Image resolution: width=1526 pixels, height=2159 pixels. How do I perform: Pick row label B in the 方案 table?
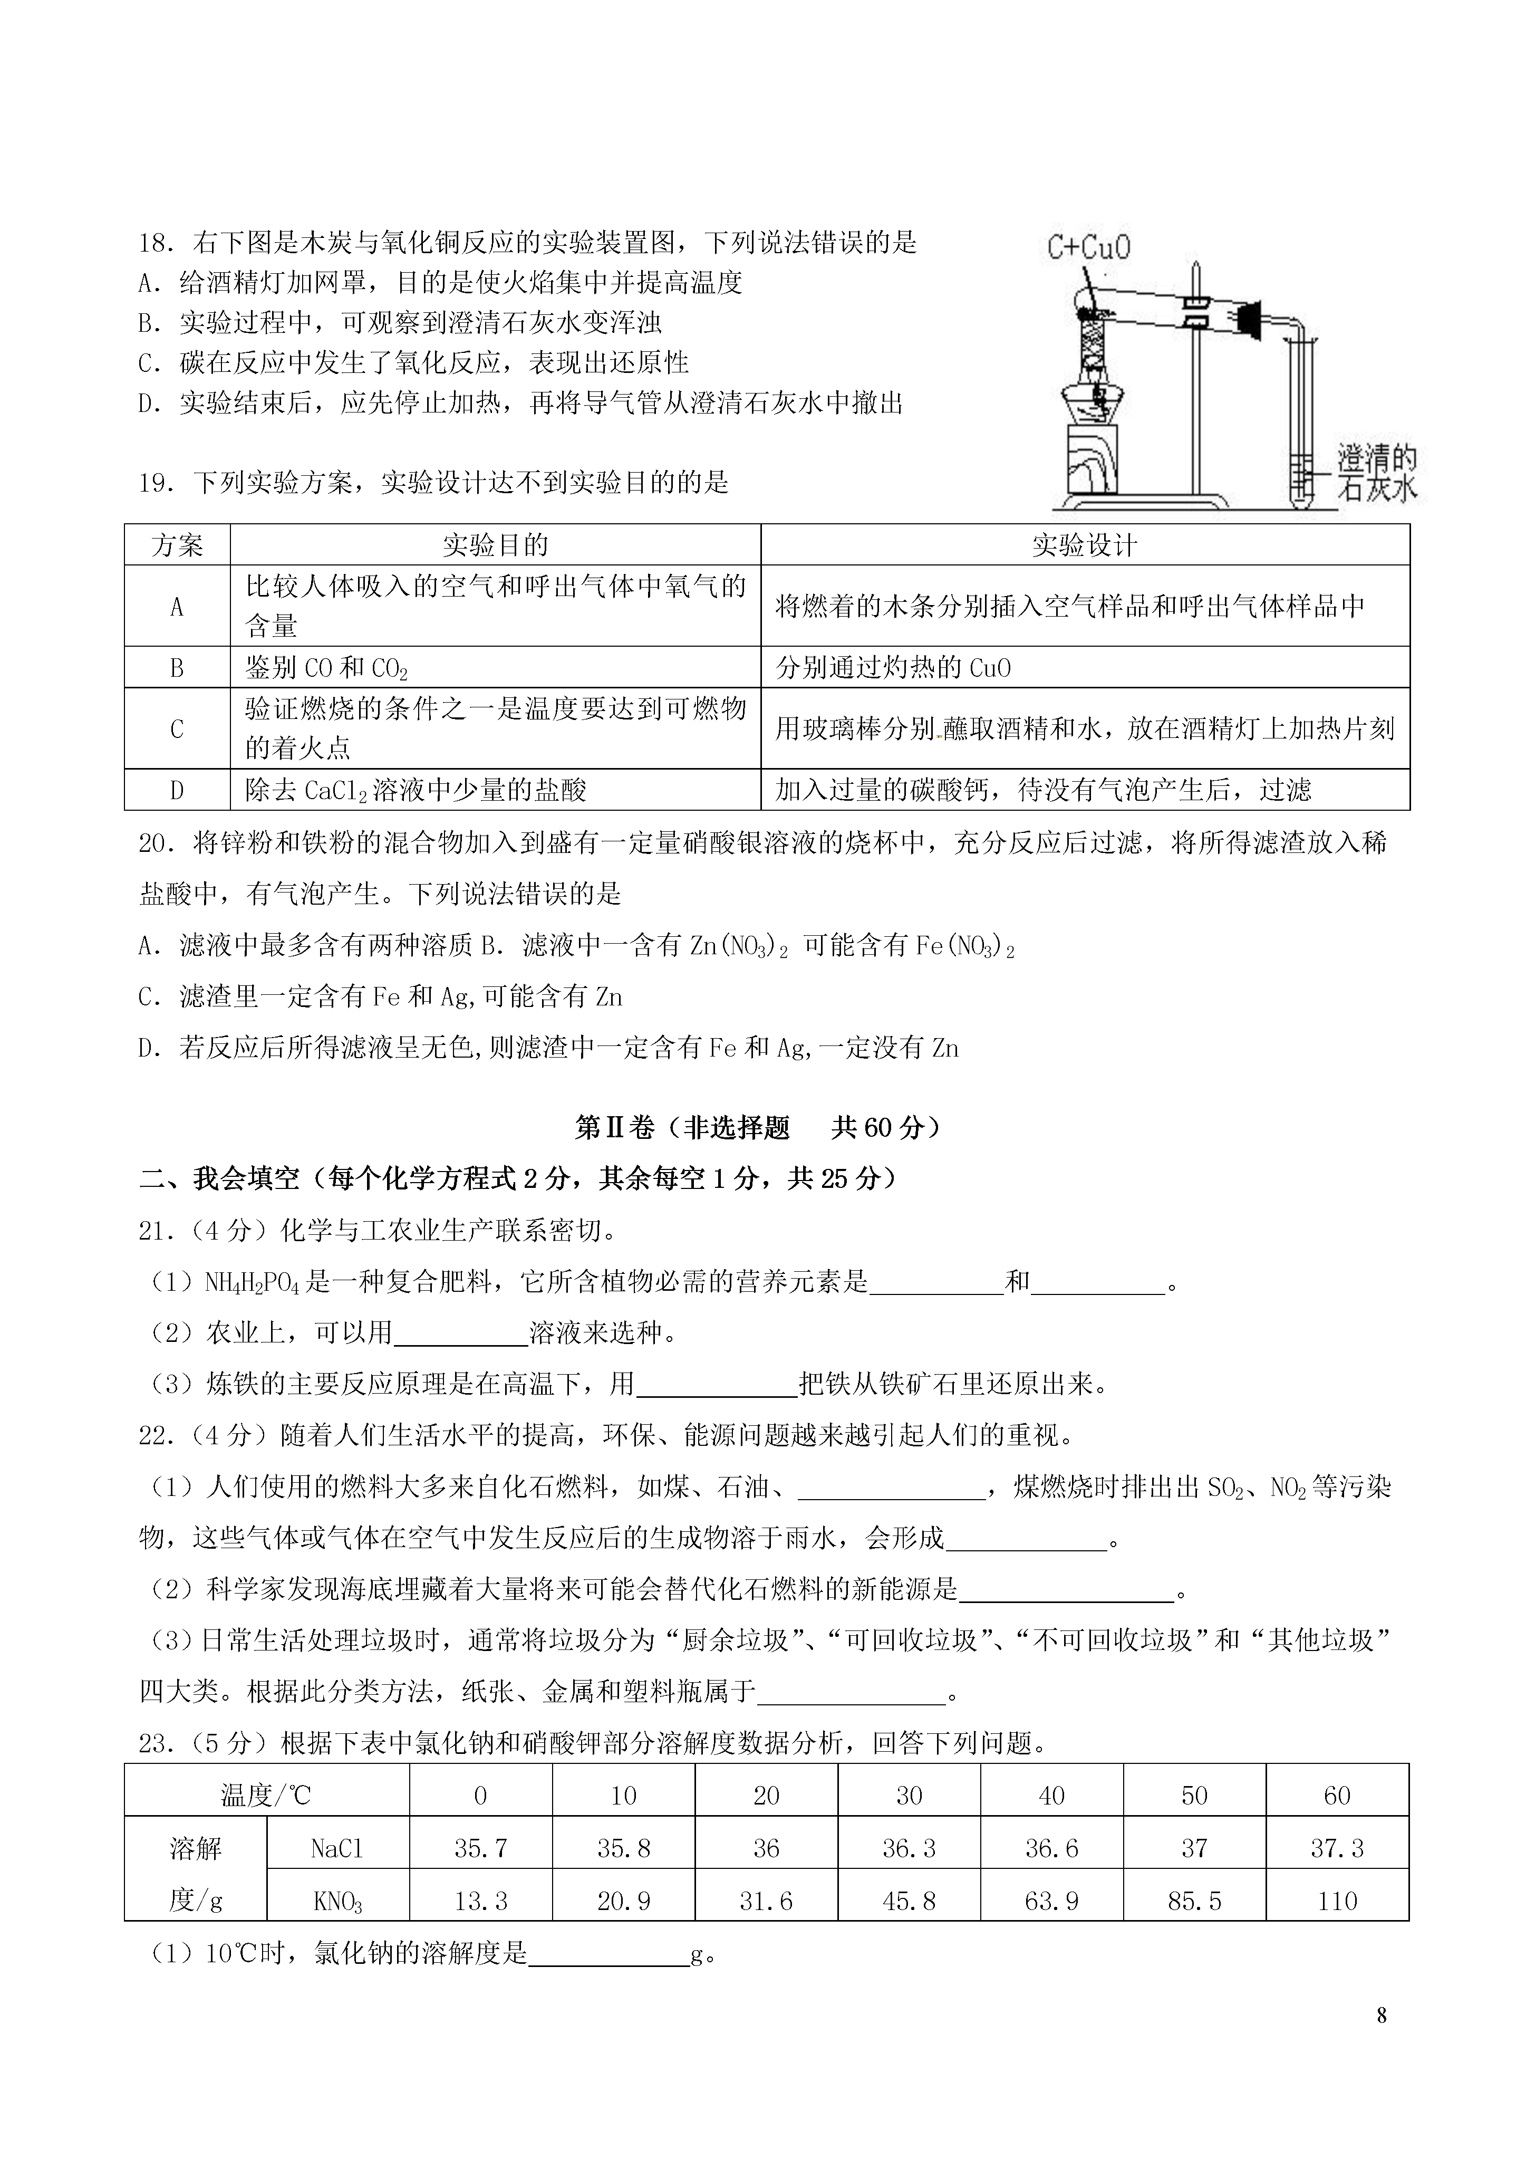(x=177, y=668)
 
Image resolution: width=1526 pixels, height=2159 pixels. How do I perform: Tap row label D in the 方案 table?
(x=177, y=790)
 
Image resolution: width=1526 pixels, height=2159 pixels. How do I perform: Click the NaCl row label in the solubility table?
(x=336, y=1849)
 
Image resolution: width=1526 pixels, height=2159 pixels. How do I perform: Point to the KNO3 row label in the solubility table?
(x=336, y=1902)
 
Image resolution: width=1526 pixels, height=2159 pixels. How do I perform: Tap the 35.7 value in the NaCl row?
(x=480, y=1849)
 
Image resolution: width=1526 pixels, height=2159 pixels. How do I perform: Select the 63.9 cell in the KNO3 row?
(x=1051, y=1902)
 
